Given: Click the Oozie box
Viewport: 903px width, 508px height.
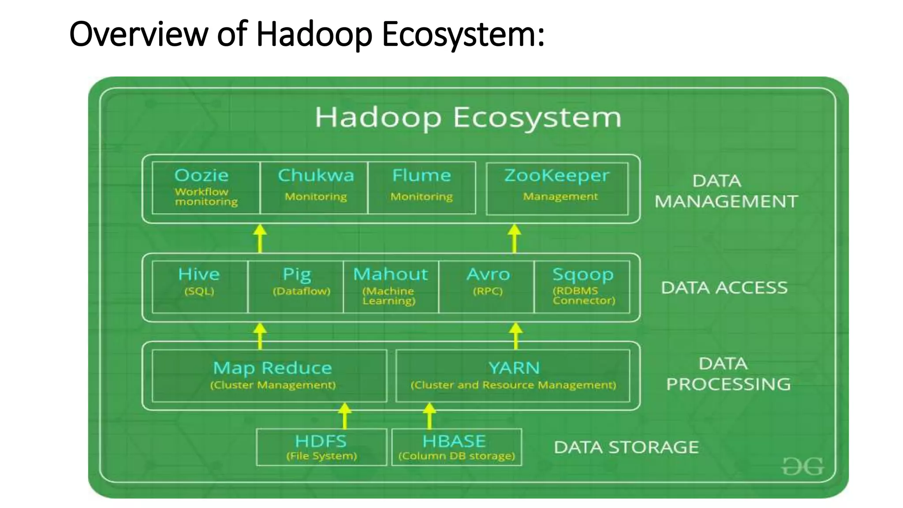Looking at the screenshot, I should [x=206, y=188].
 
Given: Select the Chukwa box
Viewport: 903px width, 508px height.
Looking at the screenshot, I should [x=314, y=188].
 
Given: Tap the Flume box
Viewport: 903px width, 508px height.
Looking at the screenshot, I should [x=422, y=188].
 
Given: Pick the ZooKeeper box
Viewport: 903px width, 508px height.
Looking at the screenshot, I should [x=557, y=189].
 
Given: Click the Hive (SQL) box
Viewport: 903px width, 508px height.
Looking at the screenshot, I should [x=200, y=287].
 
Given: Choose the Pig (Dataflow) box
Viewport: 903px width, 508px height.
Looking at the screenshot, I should [x=296, y=287].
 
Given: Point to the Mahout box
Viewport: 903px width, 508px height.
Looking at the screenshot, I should [x=391, y=287].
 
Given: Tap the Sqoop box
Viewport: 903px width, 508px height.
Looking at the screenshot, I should [x=582, y=287].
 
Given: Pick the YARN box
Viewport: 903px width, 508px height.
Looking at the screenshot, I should [x=513, y=376].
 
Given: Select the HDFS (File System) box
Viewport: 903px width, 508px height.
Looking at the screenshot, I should [x=321, y=447].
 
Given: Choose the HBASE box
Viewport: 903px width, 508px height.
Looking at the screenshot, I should [x=456, y=447].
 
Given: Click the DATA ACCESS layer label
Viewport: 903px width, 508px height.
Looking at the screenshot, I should [x=724, y=288].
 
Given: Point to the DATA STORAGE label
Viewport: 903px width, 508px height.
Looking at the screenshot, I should [x=626, y=447].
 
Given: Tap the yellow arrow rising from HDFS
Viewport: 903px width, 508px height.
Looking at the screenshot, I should [x=345, y=415].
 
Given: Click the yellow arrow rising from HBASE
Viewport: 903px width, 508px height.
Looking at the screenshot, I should [x=429, y=415].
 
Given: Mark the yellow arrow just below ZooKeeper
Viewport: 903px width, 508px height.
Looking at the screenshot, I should [x=514, y=238].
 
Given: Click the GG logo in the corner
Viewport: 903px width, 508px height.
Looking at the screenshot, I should [x=802, y=466].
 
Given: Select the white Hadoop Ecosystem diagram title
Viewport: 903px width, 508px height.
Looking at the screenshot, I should [x=468, y=117].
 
